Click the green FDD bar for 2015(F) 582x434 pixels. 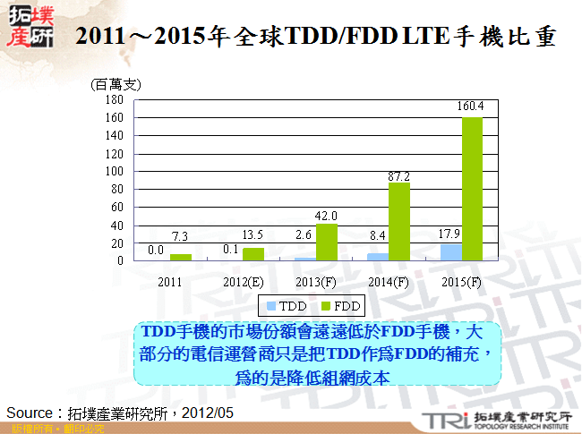(x=472, y=189)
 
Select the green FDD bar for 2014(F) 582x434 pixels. (x=399, y=221)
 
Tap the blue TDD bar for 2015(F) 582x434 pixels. (x=451, y=252)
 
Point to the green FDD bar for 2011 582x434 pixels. (x=181, y=257)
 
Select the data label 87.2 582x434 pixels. (x=399, y=175)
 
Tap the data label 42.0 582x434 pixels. (x=326, y=216)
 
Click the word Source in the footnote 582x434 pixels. (x=32, y=413)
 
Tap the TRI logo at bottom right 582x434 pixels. (x=440, y=420)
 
